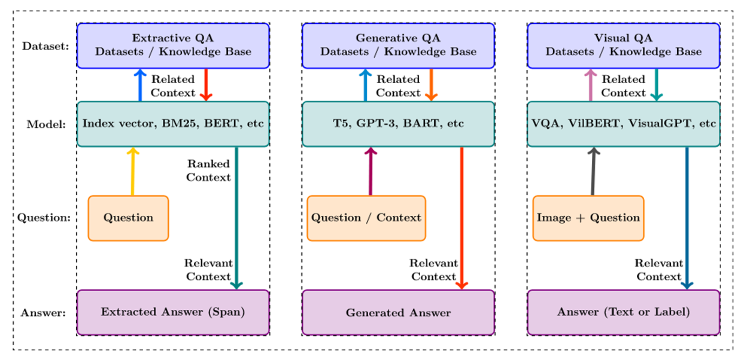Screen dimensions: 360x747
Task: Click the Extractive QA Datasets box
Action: (x=173, y=46)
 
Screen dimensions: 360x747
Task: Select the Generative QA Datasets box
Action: (x=398, y=46)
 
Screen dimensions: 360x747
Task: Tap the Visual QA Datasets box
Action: (x=623, y=46)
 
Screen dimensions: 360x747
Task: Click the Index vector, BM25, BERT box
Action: (x=173, y=124)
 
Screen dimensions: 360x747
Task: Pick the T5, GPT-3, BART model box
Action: (x=398, y=124)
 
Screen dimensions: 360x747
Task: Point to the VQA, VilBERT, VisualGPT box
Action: (x=623, y=124)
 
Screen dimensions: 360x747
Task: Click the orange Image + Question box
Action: (x=588, y=218)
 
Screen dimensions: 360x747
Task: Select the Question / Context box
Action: (x=366, y=218)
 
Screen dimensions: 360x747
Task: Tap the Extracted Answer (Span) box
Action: (x=173, y=312)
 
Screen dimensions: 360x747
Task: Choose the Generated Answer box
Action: (x=398, y=313)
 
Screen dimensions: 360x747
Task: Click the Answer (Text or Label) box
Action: (x=623, y=312)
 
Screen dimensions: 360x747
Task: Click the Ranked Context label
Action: (x=208, y=171)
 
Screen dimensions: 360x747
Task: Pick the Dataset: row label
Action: (x=45, y=47)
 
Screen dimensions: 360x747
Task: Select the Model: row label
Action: (x=46, y=125)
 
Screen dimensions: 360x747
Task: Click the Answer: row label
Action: (x=43, y=313)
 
